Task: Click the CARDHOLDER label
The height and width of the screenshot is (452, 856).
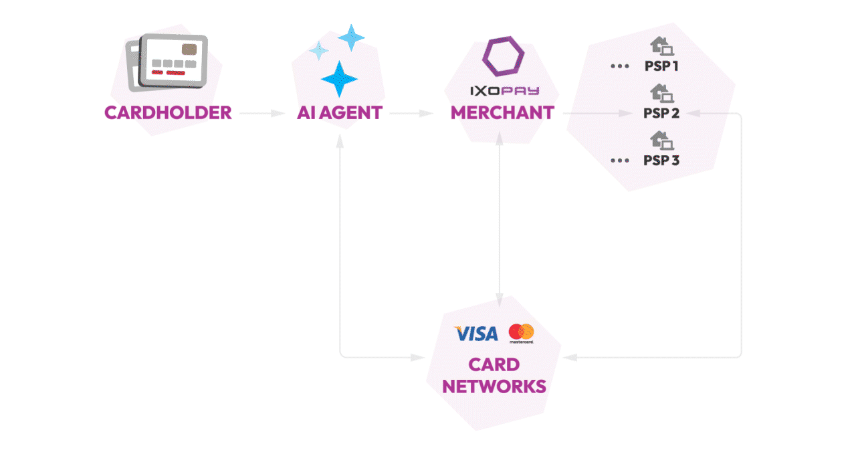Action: point(168,112)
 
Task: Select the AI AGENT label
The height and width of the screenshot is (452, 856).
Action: point(339,112)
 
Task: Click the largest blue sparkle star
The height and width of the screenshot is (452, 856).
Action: point(339,79)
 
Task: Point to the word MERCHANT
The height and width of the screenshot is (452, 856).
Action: point(502,112)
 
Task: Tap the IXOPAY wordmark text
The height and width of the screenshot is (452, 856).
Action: point(503,90)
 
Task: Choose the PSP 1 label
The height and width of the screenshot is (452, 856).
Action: point(661,66)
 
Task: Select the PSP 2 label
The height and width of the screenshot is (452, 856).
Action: point(661,113)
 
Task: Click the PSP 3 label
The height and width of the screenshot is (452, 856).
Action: point(661,160)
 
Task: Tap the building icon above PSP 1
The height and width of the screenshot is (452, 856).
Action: point(661,46)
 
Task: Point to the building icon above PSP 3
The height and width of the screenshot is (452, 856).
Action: point(661,140)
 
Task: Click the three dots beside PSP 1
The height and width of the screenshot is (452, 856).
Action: point(620,67)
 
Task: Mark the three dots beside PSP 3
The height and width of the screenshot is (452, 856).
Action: point(620,160)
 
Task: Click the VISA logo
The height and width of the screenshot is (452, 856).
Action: point(476,333)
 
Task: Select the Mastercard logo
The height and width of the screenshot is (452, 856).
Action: point(521,332)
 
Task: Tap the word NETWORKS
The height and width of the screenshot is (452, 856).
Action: point(494,386)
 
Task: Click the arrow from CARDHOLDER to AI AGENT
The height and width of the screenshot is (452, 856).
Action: point(262,114)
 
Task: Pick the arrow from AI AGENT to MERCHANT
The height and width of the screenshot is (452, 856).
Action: point(412,114)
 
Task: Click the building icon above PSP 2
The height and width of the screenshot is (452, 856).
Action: point(661,93)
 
